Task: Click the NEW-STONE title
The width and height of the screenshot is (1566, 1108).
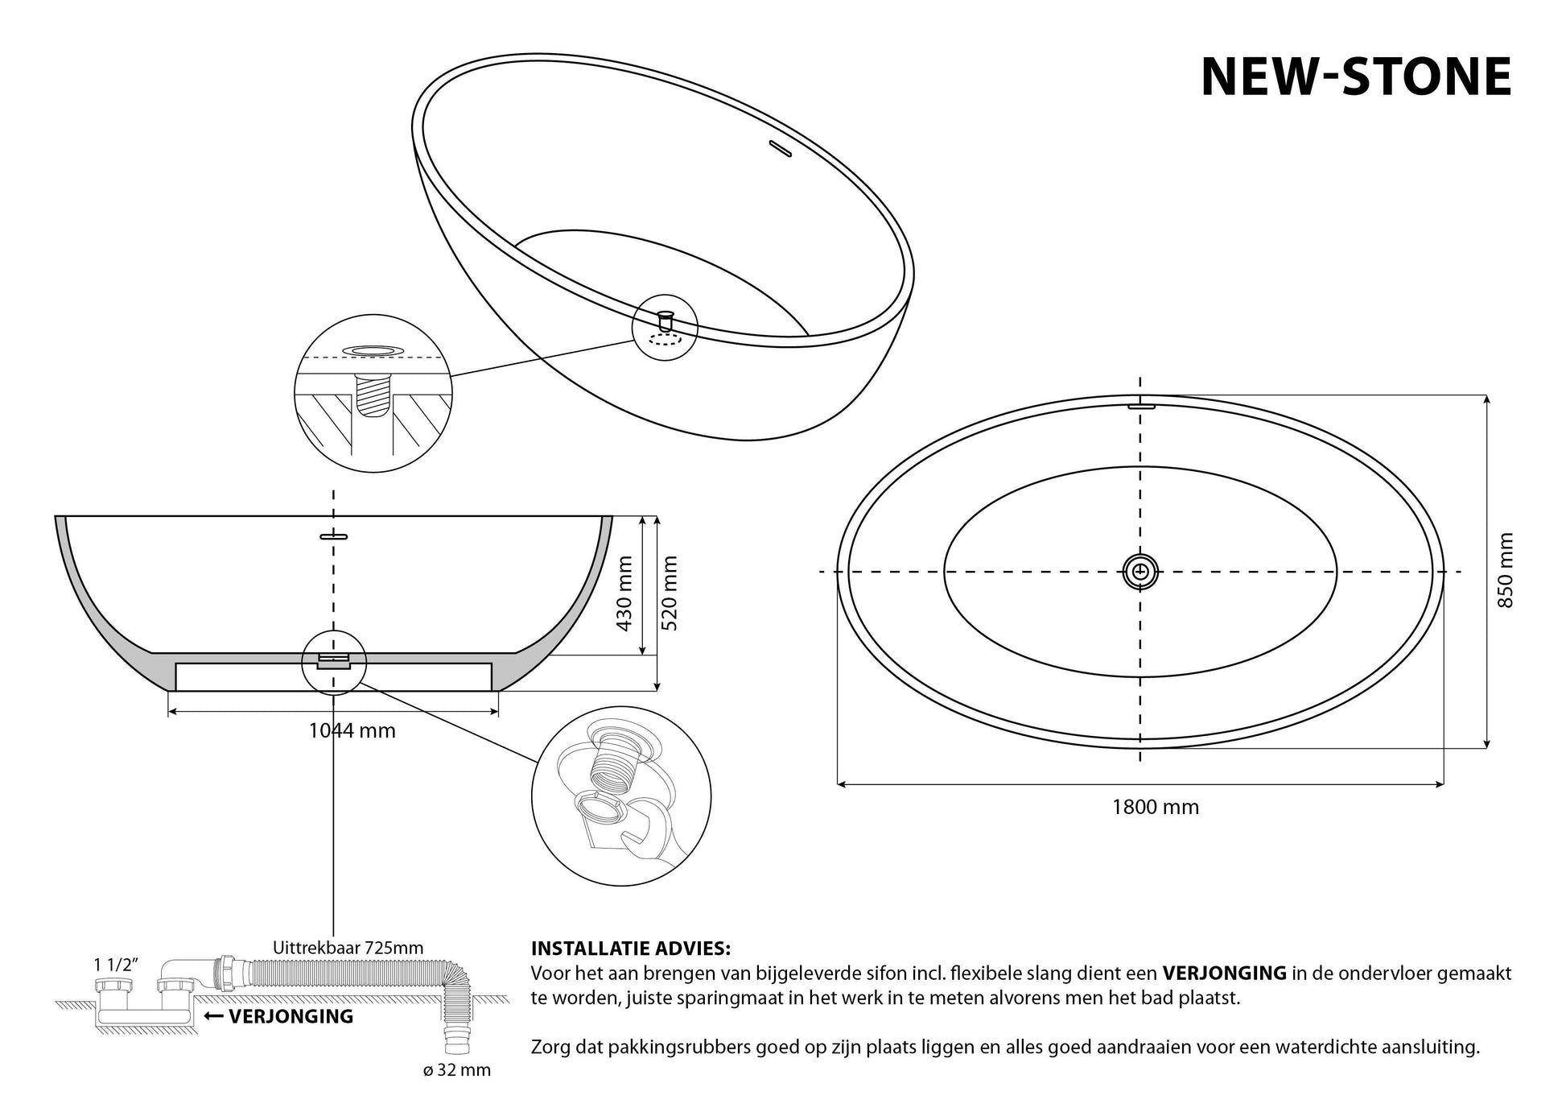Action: tap(1356, 77)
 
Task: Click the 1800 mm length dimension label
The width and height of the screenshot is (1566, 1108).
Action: tap(1156, 807)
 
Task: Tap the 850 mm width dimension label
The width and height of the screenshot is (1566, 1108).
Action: tap(1506, 570)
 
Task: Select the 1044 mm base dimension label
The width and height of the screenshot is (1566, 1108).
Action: tap(352, 730)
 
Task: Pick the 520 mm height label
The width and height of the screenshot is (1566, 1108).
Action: tap(670, 593)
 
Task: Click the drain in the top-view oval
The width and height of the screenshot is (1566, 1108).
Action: tap(1140, 572)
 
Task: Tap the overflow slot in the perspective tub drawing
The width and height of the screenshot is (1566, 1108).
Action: tap(781, 148)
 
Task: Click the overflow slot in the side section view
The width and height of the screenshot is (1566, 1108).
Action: tap(333, 535)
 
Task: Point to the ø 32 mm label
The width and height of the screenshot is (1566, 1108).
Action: tap(456, 1070)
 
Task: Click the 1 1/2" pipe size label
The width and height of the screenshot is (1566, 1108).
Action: tap(116, 964)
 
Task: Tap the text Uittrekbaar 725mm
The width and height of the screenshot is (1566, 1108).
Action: tap(348, 947)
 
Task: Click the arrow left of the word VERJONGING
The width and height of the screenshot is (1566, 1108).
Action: tap(214, 1016)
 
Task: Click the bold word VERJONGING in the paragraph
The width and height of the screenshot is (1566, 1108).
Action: tap(1224, 973)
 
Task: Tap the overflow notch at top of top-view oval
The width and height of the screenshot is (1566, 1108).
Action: tap(1142, 405)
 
